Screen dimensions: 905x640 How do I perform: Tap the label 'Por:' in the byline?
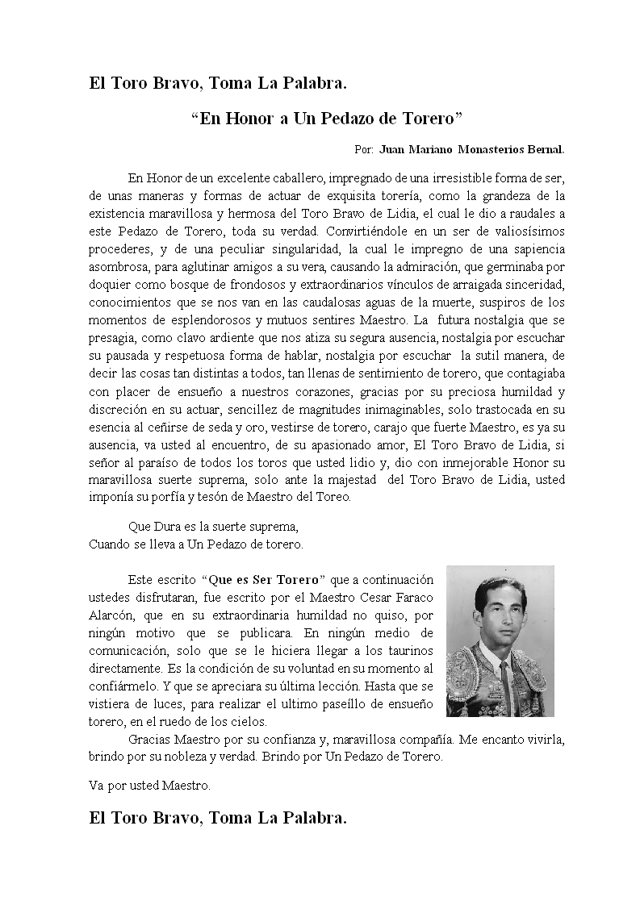(x=363, y=150)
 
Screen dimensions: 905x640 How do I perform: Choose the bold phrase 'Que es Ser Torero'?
(x=266, y=580)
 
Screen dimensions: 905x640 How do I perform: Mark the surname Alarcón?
(x=111, y=615)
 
